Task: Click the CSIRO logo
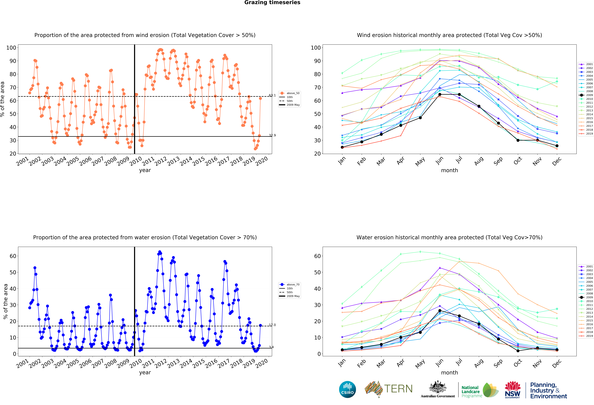(347, 389)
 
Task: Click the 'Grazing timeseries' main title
(272, 3)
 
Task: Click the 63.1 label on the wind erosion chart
(272, 95)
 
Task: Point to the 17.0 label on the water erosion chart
(272, 325)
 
